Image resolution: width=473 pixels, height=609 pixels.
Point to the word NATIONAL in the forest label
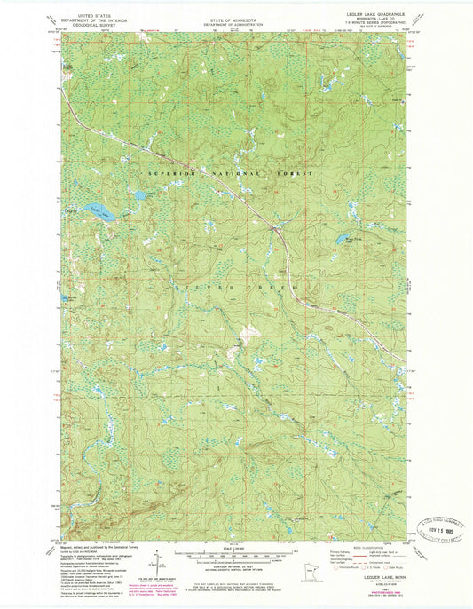(x=233, y=175)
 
